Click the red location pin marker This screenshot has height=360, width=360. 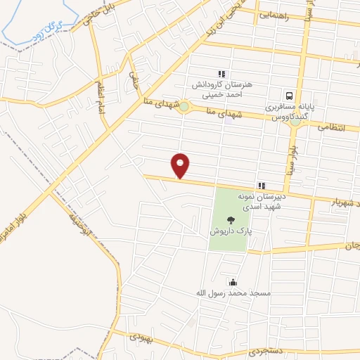pyautogui.click(x=181, y=165)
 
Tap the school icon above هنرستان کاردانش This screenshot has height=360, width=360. pyautogui.click(x=221, y=73)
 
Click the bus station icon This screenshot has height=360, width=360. pyautogui.click(x=288, y=96)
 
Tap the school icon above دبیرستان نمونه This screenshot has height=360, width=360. pyautogui.click(x=261, y=186)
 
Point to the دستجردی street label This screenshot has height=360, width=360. pyautogui.click(x=248, y=351)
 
